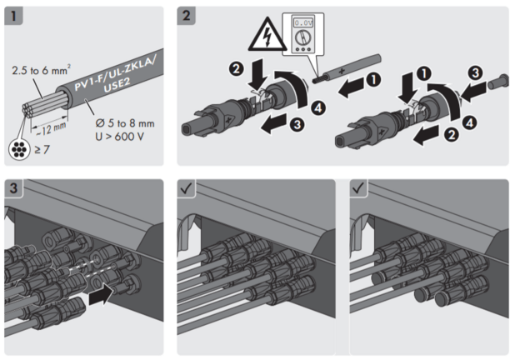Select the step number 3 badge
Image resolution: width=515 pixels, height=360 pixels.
[x=15, y=187]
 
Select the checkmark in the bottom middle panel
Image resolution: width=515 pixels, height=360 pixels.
[x=188, y=187]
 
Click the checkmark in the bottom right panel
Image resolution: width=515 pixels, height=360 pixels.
[x=361, y=187]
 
